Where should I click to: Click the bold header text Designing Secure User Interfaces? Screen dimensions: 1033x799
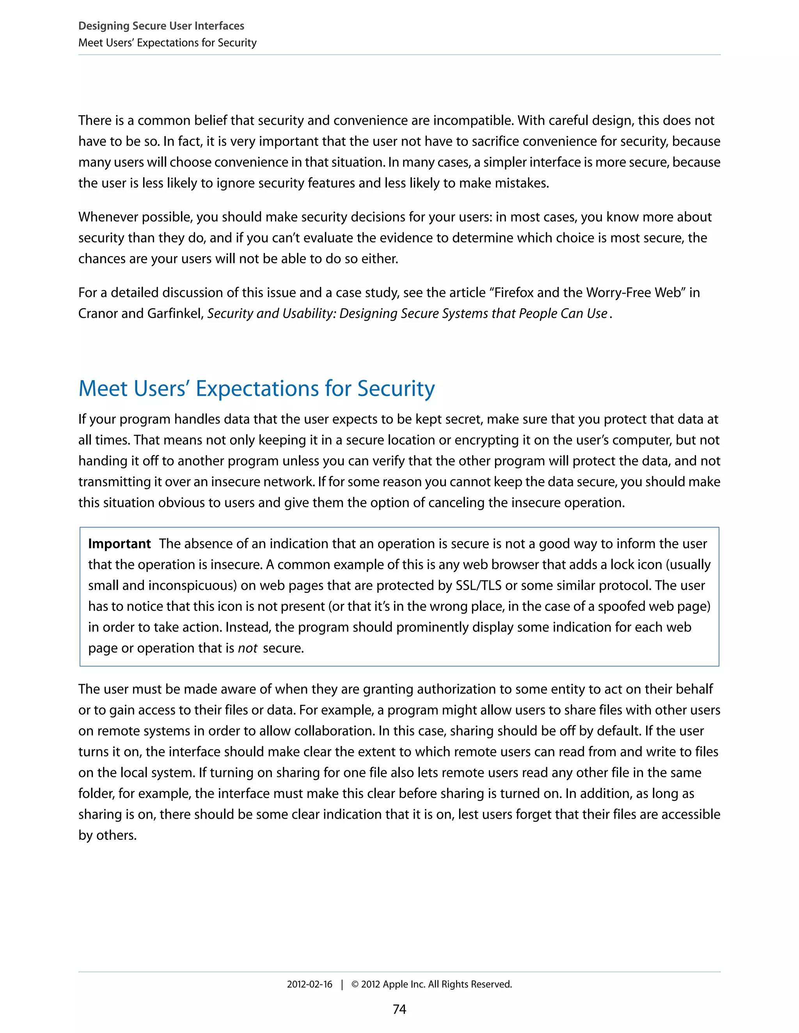tap(161, 26)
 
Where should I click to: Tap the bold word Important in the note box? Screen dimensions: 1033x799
tap(119, 544)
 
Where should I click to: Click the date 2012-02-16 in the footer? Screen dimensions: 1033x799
tap(309, 984)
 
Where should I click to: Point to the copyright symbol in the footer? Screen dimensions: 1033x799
tap(355, 984)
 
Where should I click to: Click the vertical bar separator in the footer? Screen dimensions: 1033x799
tap(342, 984)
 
